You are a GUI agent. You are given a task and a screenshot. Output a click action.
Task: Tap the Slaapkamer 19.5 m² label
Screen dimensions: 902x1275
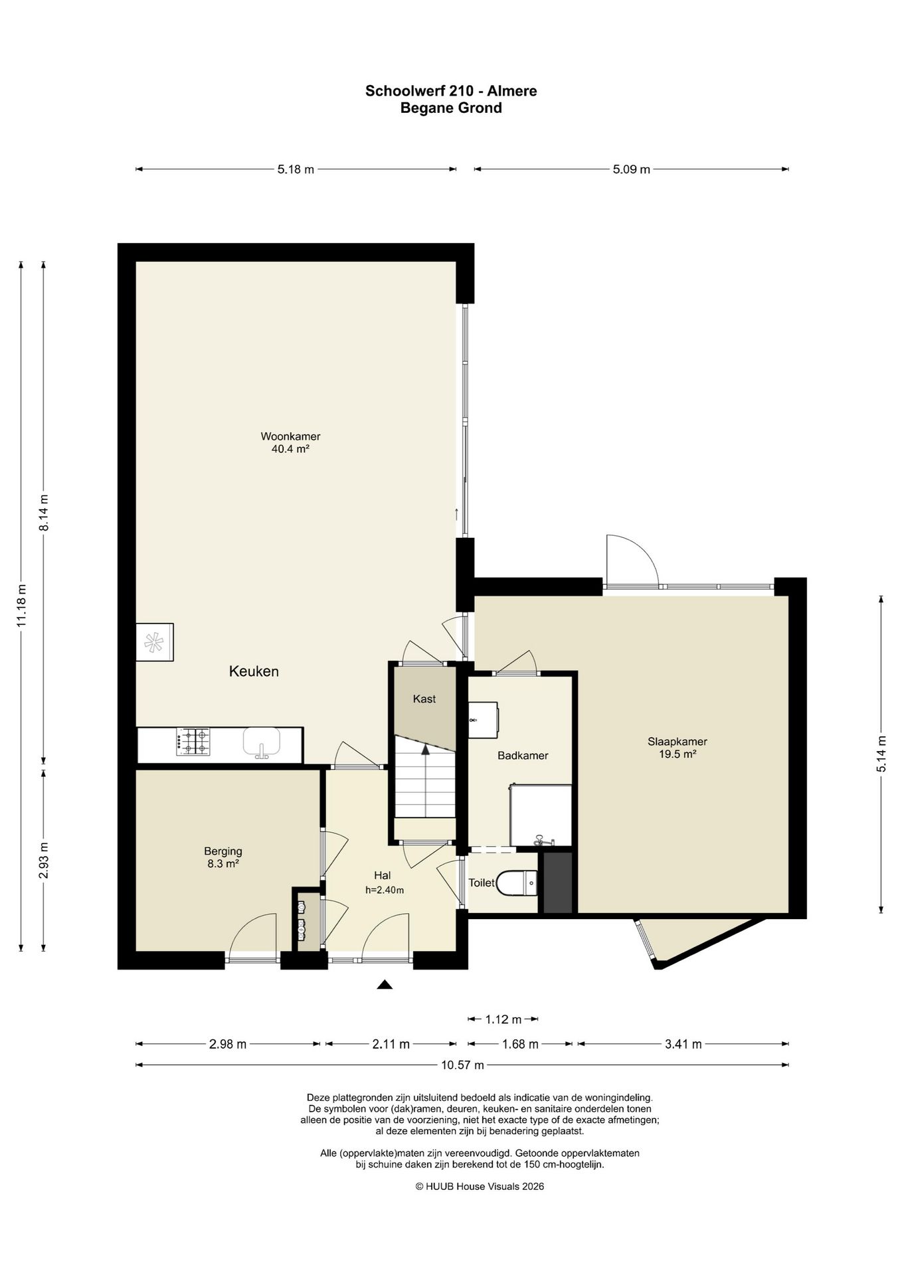tap(677, 748)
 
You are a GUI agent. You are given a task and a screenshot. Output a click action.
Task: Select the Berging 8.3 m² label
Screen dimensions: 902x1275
tap(223, 857)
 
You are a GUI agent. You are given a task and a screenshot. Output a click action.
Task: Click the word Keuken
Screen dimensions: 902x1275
tap(254, 671)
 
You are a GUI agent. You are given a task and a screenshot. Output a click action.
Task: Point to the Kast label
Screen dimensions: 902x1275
tap(424, 699)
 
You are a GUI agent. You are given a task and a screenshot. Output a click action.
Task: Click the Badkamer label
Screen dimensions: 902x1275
tap(523, 756)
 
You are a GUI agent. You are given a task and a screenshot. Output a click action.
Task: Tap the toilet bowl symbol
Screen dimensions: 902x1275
tap(517, 883)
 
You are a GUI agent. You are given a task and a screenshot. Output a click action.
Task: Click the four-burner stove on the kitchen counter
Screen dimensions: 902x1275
tap(193, 741)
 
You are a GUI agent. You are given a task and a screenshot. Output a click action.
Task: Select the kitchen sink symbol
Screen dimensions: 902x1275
tap(262, 742)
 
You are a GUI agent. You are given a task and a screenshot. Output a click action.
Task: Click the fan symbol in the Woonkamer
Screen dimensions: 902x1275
tap(154, 642)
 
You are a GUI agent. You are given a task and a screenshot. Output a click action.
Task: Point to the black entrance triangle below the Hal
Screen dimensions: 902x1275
tap(384, 984)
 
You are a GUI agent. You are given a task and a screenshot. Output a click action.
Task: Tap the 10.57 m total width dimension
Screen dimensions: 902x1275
tap(462, 1065)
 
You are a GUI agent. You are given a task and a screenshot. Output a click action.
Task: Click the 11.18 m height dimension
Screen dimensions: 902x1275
tap(21, 606)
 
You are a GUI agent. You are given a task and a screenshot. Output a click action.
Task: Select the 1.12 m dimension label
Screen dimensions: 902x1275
tap(503, 1019)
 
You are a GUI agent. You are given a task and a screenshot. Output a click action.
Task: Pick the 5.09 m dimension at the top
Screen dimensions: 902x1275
tap(631, 169)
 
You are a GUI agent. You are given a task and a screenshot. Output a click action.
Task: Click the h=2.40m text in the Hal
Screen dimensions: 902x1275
tap(385, 891)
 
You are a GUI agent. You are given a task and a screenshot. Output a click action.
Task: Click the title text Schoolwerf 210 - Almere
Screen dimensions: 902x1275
tap(451, 91)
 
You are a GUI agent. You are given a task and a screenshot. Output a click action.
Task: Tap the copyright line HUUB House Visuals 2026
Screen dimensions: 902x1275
tap(480, 1186)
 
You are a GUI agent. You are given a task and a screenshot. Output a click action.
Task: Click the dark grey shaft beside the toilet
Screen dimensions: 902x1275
tap(558, 883)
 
